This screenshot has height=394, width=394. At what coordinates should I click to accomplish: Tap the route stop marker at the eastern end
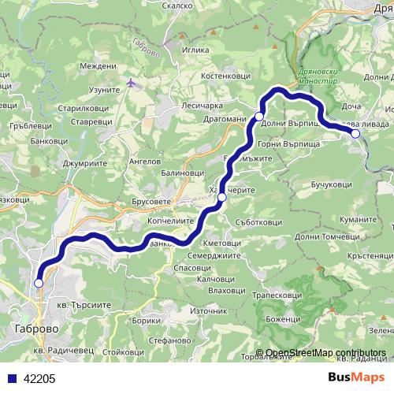(x=355, y=134)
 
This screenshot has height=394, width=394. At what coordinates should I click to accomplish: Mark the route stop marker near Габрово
(x=39, y=283)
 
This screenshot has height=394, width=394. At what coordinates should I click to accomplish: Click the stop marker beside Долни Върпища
(x=259, y=117)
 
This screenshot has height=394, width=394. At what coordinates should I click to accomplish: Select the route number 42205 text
(x=39, y=379)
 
